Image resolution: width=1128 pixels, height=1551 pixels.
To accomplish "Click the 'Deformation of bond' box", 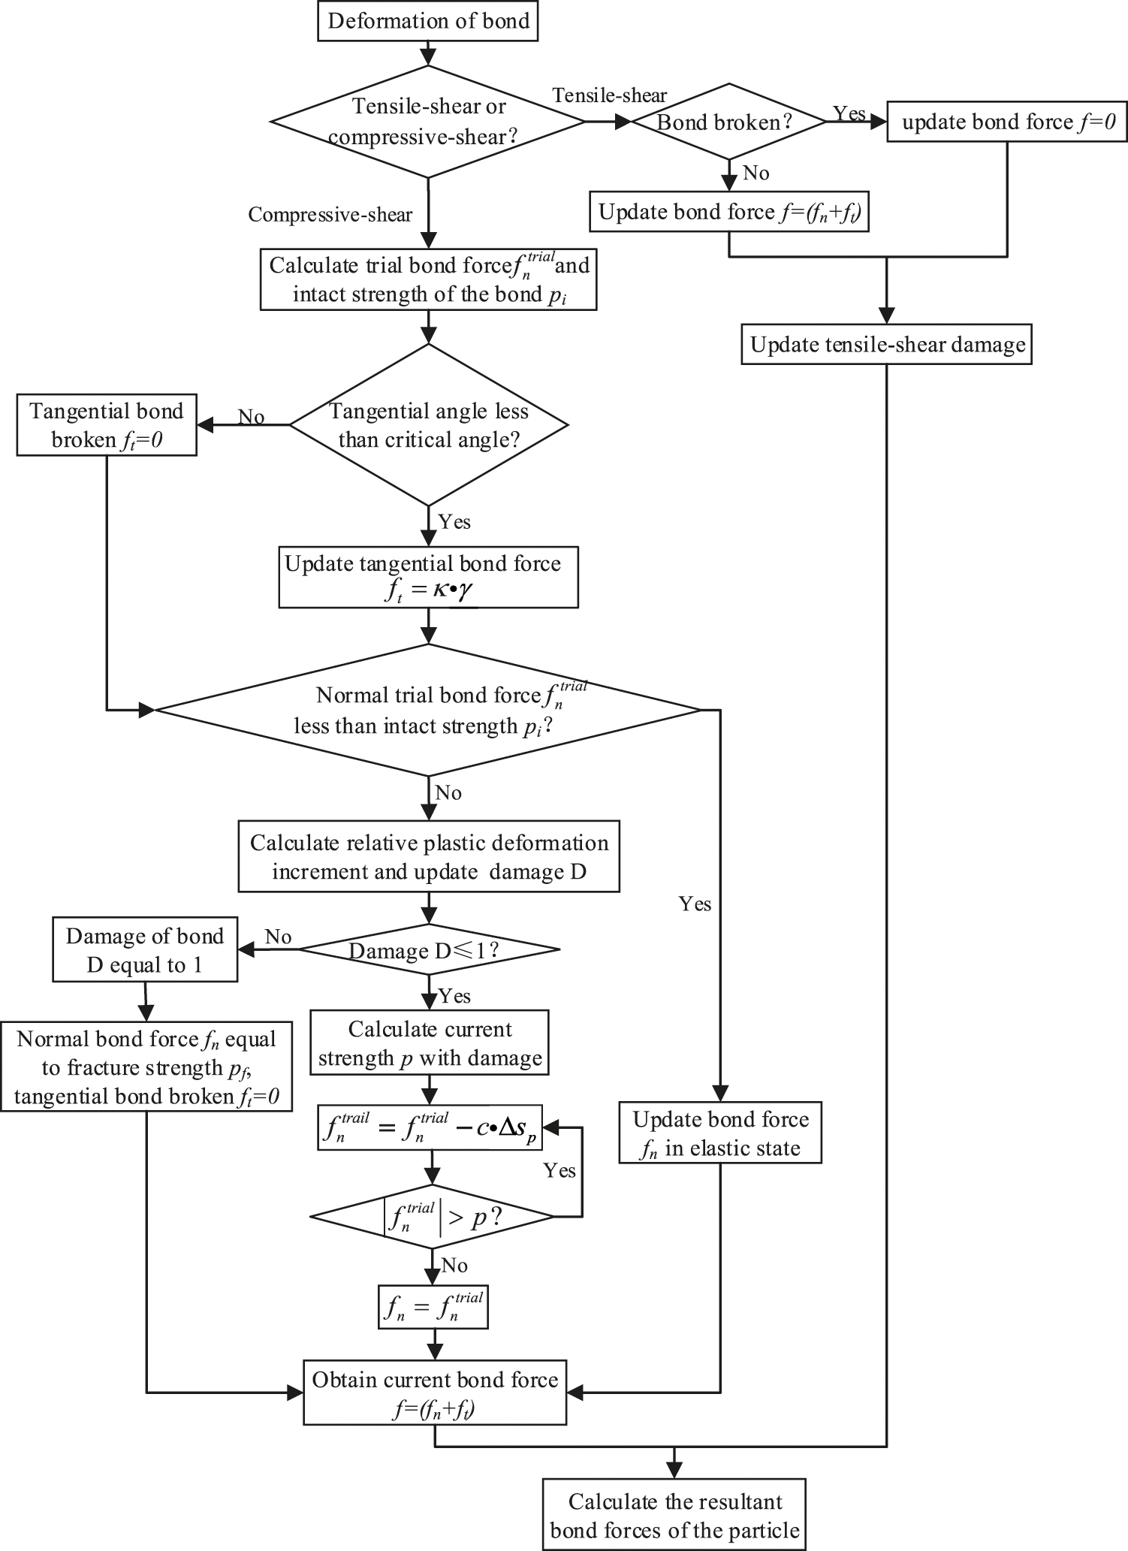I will (x=428, y=20).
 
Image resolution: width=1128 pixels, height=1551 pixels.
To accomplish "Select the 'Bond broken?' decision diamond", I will (x=728, y=122).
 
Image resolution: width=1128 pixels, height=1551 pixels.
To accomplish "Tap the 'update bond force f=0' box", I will (x=1007, y=122).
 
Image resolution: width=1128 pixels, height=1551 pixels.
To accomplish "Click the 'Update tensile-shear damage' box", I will (x=886, y=345).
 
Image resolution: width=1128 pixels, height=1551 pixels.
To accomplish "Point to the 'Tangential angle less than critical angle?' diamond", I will (x=429, y=425).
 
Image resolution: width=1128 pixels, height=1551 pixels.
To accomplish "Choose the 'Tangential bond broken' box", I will (x=107, y=426).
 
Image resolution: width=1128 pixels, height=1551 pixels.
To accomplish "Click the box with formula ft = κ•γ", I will (x=428, y=578).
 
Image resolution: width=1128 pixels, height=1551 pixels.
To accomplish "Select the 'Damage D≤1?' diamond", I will (x=429, y=950).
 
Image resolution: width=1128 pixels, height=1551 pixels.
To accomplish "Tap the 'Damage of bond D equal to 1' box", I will (x=145, y=950).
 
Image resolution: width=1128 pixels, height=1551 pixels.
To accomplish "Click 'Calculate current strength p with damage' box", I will (x=430, y=1043).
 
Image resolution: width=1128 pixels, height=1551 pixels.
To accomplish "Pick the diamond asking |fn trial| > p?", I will (x=432, y=1218).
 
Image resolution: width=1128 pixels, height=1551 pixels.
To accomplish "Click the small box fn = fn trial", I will (x=433, y=1307).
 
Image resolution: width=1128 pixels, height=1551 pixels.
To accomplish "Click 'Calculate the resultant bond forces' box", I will (x=674, y=1515).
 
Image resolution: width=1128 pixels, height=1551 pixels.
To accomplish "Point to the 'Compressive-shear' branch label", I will (x=330, y=215).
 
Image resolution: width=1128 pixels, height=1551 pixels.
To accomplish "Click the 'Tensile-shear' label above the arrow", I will (x=609, y=95).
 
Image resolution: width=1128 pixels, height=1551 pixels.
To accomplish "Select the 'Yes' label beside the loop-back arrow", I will (x=559, y=1171).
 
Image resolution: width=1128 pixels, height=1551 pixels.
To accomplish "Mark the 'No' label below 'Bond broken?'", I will (x=756, y=174).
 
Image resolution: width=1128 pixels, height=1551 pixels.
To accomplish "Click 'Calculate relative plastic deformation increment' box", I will (x=429, y=857).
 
